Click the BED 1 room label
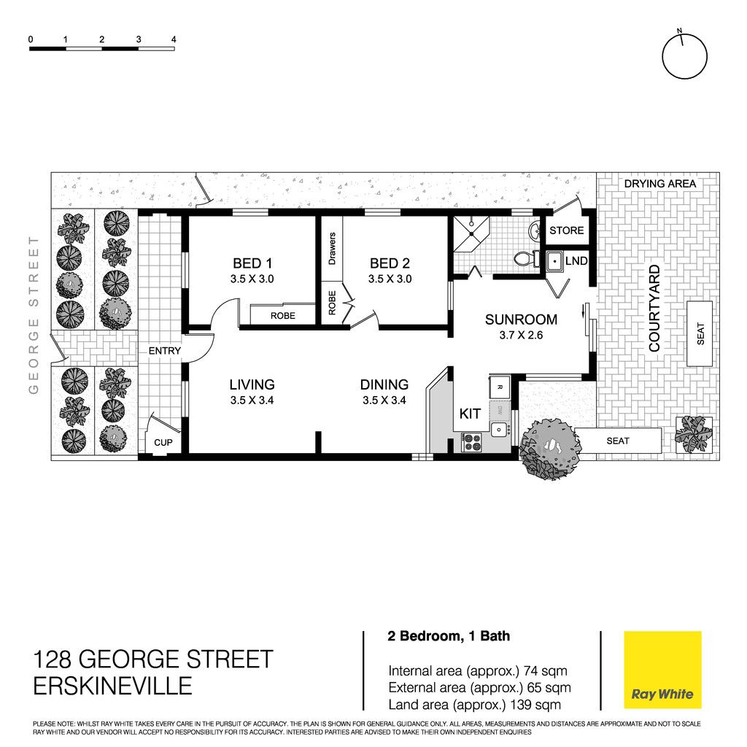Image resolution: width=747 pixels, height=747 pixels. (x=252, y=263)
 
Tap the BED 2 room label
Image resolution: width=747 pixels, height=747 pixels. (x=390, y=263)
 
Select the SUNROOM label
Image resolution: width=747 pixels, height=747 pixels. (x=521, y=320)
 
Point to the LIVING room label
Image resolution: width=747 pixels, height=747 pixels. (x=252, y=384)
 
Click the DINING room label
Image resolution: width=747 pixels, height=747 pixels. (x=384, y=384)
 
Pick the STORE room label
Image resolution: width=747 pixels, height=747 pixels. (x=566, y=231)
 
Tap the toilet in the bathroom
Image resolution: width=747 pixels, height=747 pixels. (x=527, y=259)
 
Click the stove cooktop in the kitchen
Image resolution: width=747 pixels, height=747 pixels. (x=472, y=441)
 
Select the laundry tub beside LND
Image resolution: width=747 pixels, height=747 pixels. (x=554, y=261)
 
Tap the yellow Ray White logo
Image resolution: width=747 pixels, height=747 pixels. (x=662, y=670)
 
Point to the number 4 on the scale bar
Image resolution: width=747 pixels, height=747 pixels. (x=174, y=39)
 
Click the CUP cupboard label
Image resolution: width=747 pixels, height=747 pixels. (x=163, y=443)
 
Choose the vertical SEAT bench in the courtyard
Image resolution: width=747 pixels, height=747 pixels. (x=700, y=333)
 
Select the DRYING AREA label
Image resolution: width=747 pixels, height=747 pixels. (x=659, y=184)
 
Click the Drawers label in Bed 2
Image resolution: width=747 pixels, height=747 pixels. (x=332, y=249)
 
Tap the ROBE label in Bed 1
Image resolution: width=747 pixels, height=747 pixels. (x=283, y=316)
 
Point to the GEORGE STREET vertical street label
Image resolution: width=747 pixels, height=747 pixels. (x=34, y=315)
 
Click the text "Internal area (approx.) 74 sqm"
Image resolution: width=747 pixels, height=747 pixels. (x=478, y=671)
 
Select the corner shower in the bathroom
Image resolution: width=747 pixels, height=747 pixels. (x=471, y=234)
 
